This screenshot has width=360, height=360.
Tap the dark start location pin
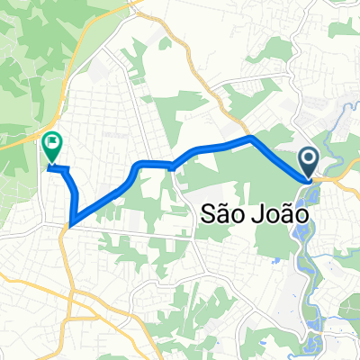click(309, 164)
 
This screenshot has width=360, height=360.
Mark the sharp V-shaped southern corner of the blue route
click(70, 221)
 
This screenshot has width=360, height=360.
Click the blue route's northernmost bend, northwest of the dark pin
click(251, 139)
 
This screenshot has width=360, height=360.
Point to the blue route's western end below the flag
click(49, 166)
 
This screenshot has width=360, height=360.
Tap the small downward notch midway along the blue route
click(170, 167)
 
